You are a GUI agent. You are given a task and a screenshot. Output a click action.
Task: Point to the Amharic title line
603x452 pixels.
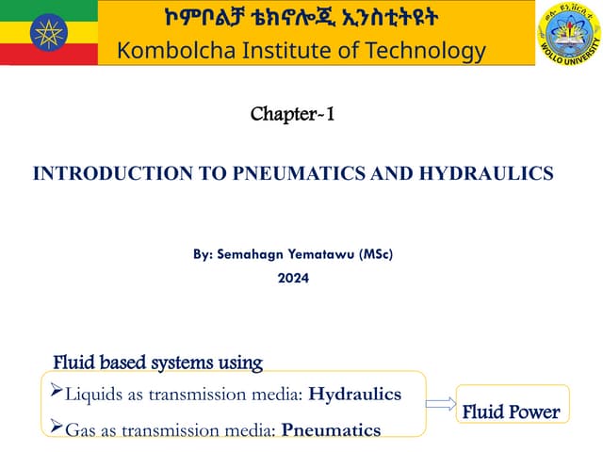point(301,19)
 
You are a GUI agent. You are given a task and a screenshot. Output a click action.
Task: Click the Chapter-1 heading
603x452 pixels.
point(292,116)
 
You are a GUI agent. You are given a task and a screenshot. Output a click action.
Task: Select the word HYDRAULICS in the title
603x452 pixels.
point(485,173)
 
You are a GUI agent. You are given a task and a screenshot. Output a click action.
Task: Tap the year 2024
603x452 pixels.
point(292,278)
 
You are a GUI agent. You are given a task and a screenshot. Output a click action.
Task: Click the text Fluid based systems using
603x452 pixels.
point(157,363)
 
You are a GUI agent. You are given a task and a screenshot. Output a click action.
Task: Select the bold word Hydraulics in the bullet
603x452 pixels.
point(354,395)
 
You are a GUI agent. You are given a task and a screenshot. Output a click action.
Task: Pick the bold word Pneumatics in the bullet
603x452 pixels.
point(331,430)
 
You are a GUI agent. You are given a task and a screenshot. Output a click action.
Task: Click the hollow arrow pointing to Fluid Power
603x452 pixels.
point(440,404)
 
